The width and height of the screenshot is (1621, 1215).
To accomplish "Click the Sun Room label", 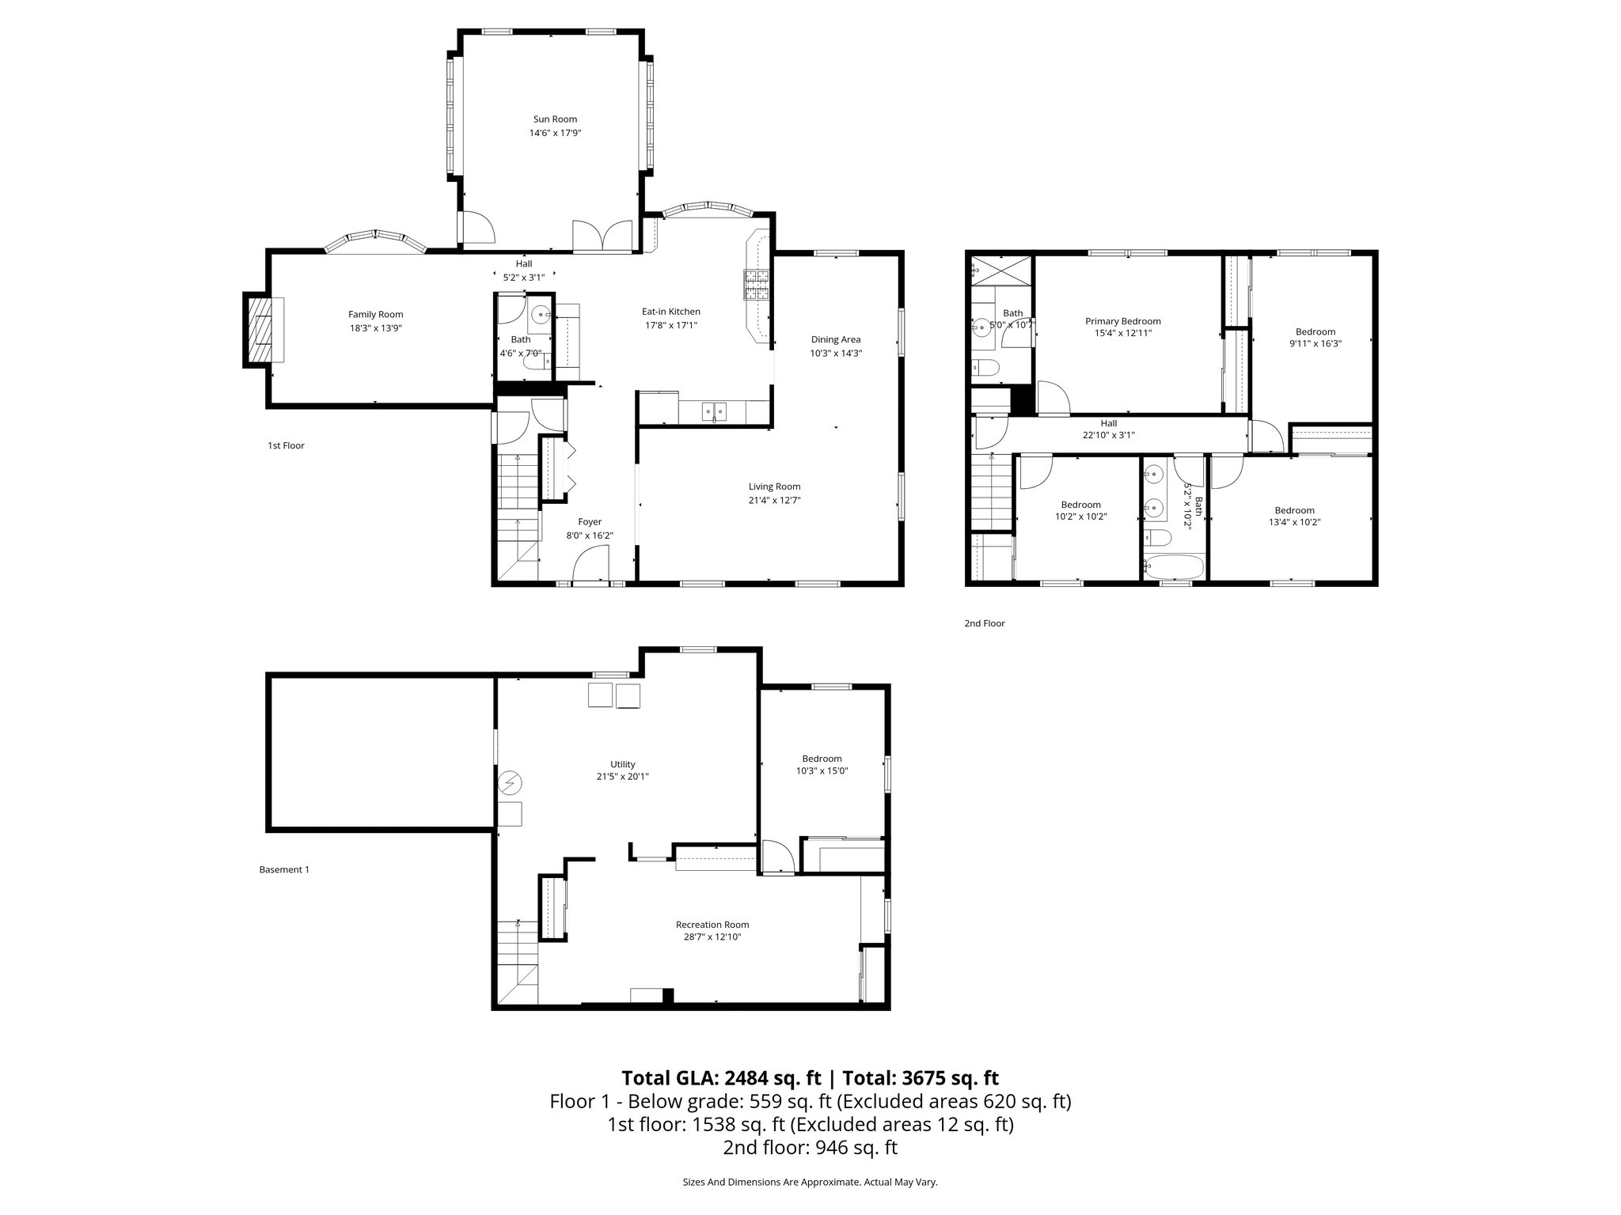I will coord(554,119).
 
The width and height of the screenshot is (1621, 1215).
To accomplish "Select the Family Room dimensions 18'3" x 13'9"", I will coord(376,327).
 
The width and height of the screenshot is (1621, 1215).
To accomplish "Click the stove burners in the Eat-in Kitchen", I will coord(756,285).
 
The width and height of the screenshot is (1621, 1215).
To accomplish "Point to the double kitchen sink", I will coord(715,411).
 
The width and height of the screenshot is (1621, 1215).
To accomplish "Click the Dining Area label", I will coord(835,339).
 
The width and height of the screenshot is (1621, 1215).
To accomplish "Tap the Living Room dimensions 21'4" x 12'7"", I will coord(774,500).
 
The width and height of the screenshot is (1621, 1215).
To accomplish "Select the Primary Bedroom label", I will coord(1122,321).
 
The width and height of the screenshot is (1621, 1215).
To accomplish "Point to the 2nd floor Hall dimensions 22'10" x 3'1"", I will coord(1108,435).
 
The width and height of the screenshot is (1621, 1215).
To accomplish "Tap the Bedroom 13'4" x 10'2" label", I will coord(1294,510).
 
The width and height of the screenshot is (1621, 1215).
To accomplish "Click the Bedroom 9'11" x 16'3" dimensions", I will coord(1315,344).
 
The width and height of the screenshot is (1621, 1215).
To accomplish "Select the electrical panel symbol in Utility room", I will coord(511,783).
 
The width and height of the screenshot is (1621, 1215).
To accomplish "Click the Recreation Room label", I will coord(712,925).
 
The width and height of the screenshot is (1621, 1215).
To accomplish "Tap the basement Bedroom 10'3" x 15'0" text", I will coord(822,765).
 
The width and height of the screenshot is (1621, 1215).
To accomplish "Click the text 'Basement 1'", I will coord(284,869).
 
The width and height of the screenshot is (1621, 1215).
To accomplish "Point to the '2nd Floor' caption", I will coord(984,623).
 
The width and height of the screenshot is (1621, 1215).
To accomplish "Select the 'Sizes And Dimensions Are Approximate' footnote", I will coord(810,1183).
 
